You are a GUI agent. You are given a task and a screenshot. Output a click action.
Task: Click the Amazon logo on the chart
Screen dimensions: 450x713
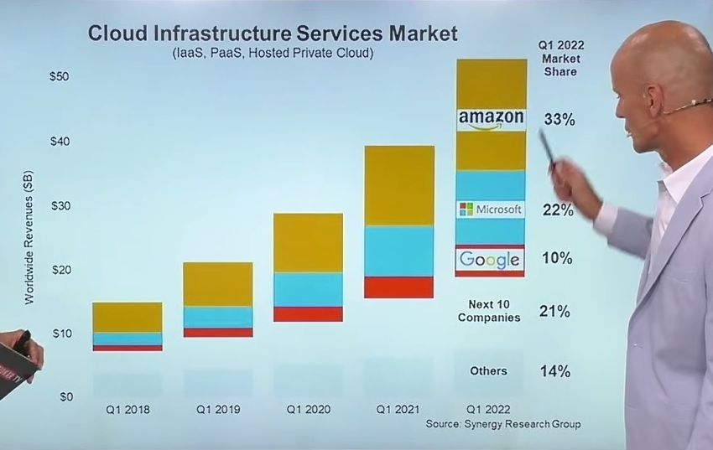491,120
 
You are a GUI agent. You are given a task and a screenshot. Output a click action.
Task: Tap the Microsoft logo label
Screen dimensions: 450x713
491,209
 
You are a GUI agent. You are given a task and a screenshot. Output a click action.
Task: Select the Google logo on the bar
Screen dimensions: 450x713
490,260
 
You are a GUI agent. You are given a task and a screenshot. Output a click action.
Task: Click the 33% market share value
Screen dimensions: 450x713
559,120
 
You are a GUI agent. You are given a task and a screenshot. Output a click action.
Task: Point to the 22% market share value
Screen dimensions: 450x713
558,209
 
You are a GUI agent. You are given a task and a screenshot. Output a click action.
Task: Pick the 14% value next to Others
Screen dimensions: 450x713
555,371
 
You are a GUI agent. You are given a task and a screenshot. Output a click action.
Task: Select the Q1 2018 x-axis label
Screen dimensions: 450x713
127,410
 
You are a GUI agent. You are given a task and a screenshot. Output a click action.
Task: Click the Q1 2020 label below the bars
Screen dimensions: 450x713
309,410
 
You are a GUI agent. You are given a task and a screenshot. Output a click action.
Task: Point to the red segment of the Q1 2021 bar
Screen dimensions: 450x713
398,287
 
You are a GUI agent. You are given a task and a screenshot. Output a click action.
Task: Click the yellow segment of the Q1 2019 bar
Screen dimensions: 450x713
218,284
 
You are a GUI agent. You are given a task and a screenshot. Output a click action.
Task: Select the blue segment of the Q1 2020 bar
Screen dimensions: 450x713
309,289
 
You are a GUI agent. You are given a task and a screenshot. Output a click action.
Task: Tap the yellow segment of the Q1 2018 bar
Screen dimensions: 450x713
127,317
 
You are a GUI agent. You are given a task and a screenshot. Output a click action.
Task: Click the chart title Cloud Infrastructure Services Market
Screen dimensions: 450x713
273,34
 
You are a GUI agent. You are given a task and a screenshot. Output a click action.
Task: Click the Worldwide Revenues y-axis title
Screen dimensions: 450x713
29,238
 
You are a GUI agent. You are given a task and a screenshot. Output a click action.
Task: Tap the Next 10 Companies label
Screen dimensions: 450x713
489,311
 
